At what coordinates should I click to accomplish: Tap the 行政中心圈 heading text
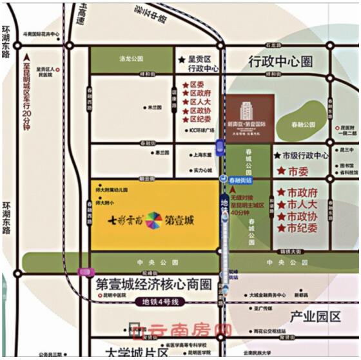click(x=280, y=61)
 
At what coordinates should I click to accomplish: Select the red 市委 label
click(x=298, y=172)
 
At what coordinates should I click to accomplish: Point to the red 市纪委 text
click(x=302, y=229)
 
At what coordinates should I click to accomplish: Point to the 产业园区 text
click(x=315, y=316)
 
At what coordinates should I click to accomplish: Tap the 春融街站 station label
click(x=240, y=182)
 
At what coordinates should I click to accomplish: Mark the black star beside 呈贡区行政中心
click(x=181, y=59)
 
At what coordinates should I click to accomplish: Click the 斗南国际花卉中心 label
click(x=41, y=33)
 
